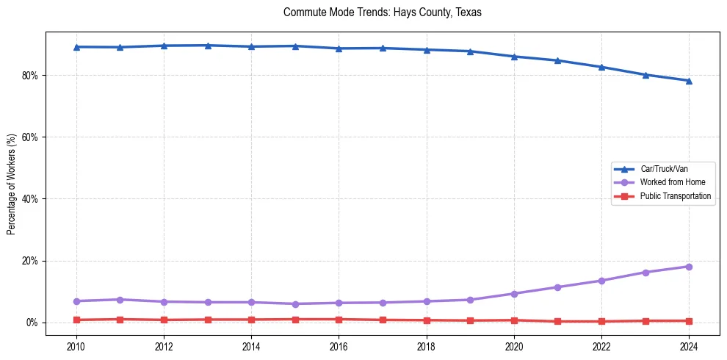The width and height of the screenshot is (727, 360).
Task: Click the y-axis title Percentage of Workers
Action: (x=11, y=184)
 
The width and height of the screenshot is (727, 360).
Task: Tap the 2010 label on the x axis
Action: (x=76, y=345)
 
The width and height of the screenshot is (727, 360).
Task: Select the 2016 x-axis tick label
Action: (x=339, y=345)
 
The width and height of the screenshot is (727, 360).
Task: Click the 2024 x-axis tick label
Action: (x=689, y=345)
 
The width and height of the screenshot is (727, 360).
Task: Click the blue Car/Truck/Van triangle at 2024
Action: (x=689, y=81)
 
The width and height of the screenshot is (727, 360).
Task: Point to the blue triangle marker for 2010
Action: (x=76, y=47)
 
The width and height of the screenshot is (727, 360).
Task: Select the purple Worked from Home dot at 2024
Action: (x=689, y=267)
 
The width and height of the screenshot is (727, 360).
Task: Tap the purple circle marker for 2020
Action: (x=514, y=294)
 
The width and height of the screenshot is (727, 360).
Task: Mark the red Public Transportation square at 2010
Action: (x=76, y=320)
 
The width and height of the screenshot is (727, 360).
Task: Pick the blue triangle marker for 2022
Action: (x=601, y=67)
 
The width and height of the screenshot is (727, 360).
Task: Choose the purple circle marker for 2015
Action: (x=295, y=303)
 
